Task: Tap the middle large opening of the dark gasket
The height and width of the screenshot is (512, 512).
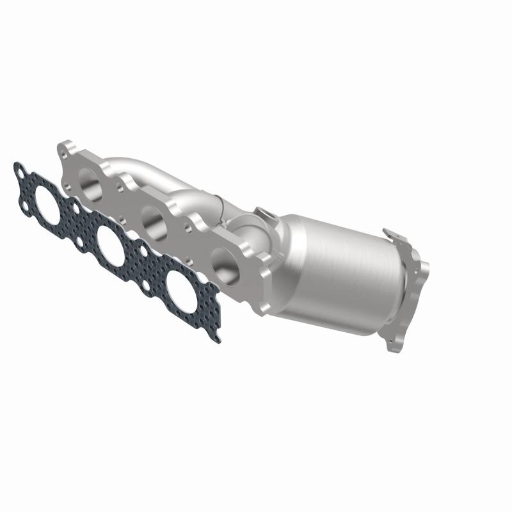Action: coord(112,241)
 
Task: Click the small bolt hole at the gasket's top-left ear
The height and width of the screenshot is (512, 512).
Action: coord(20,171)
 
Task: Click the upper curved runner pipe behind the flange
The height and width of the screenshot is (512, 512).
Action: coord(147,169)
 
